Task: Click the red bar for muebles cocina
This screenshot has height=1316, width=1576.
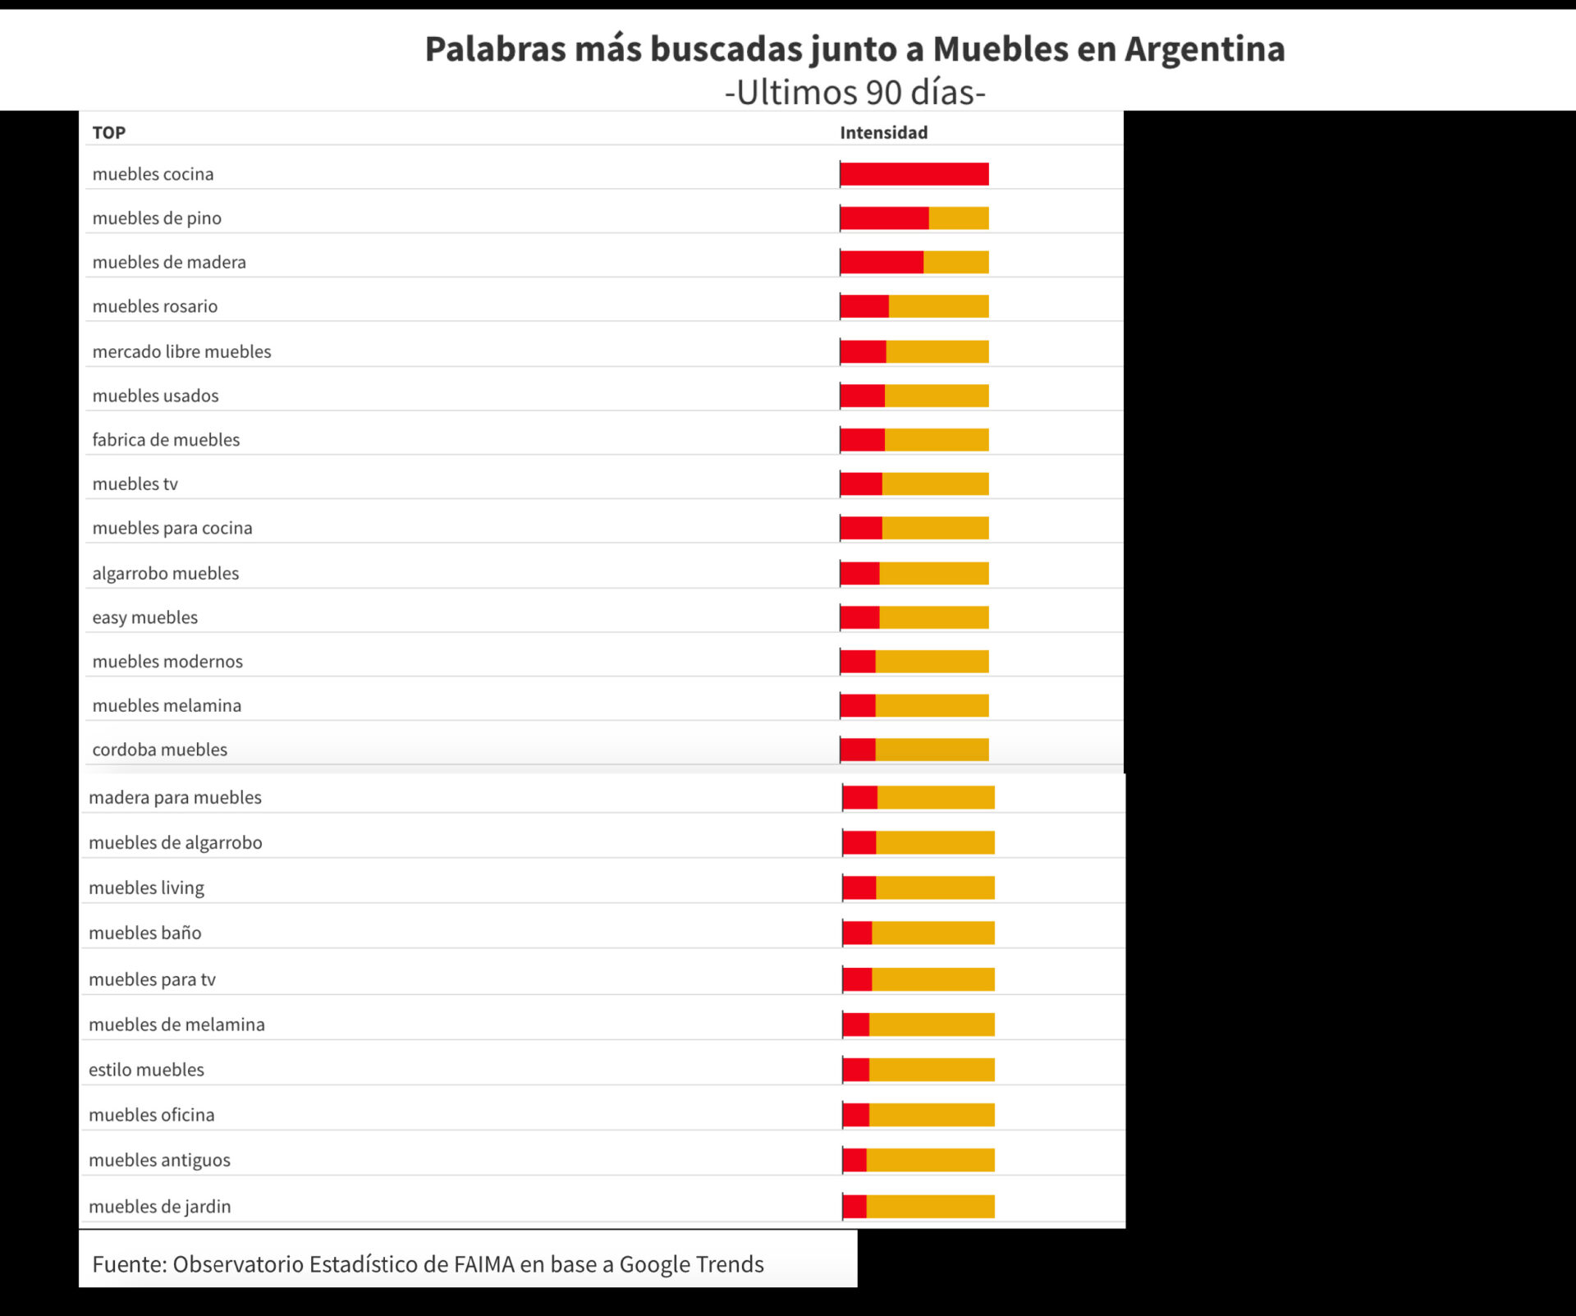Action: pos(914,174)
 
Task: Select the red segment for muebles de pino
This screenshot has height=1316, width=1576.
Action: pos(884,218)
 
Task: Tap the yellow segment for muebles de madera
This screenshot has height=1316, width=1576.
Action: pos(955,263)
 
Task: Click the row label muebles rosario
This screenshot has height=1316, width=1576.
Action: pos(155,306)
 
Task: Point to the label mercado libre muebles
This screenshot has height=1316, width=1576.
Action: pos(181,351)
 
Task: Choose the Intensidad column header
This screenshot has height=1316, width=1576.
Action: pos(883,133)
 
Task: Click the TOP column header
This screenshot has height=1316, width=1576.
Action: pos(108,133)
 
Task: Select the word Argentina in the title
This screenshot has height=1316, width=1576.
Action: pos(1204,49)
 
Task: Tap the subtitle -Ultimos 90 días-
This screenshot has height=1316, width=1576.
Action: pos(854,92)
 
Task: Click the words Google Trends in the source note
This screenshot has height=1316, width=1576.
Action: pos(691,1264)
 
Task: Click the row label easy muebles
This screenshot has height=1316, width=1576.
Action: pos(145,617)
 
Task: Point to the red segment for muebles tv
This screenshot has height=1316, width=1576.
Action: pos(861,484)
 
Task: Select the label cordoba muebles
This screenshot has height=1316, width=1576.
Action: pos(160,750)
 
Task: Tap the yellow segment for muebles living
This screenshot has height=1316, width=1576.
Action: pos(935,887)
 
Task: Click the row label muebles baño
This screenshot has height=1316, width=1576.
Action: pos(145,933)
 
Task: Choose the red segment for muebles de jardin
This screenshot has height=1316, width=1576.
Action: pos(854,1206)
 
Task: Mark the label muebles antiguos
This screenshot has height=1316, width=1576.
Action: pos(159,1160)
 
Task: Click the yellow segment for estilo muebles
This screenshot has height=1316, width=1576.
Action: pos(932,1070)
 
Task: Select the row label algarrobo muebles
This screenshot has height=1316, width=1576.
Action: pos(166,573)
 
